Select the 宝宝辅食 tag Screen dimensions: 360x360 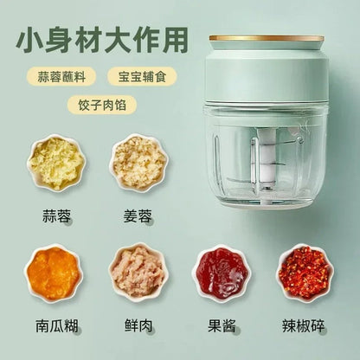pyautogui.click(x=142, y=75)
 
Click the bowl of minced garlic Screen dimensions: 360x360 pyautogui.click(x=56, y=162)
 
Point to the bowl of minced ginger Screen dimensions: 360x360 pyautogui.click(x=138, y=162)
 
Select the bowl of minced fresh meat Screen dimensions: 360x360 pyautogui.click(x=138, y=272)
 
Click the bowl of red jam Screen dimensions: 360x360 pyautogui.click(x=222, y=272)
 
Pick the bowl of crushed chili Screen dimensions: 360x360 pyautogui.click(x=305, y=272)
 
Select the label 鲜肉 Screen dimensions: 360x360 pyautogui.click(x=138, y=326)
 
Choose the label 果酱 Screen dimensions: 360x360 pyautogui.click(x=222, y=326)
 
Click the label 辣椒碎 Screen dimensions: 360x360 pyautogui.click(x=305, y=326)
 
